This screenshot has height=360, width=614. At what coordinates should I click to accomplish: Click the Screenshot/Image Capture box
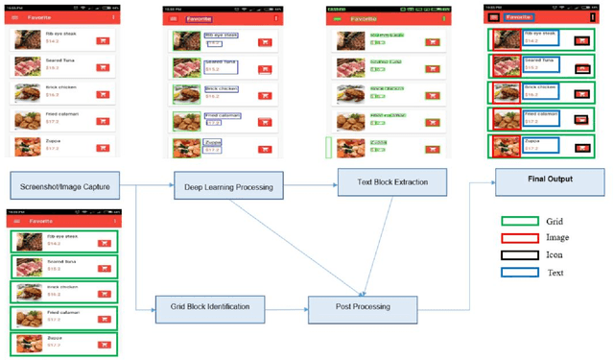(66, 184)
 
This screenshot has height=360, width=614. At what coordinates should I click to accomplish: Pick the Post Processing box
(362, 308)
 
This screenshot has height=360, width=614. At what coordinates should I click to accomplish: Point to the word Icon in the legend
(555, 255)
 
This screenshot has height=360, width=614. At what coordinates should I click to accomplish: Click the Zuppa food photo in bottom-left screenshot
(25, 343)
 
